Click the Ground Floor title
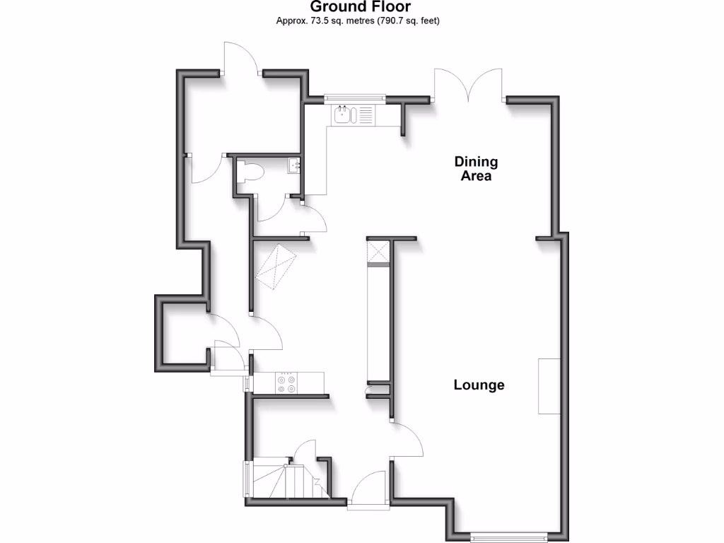coord(361,8)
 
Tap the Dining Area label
coord(476,169)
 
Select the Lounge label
coord(479,385)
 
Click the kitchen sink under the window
coord(344,115)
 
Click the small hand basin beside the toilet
coord(295,166)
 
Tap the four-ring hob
coord(287,383)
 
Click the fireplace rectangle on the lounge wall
coord(549,386)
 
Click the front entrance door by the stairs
coord(368,489)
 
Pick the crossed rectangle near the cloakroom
coord(277,267)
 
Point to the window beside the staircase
coord(247,481)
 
